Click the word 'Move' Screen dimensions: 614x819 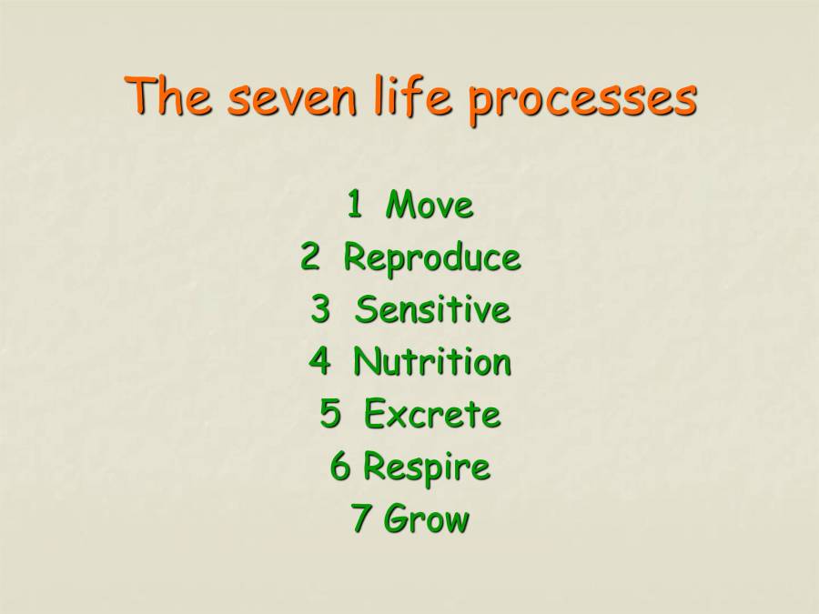(430, 206)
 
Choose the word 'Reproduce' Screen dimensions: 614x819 (431, 259)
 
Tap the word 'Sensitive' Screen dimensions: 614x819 (432, 310)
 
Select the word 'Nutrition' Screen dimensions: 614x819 (432, 362)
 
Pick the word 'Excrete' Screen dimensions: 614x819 (432, 415)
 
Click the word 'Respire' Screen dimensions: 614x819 (426, 468)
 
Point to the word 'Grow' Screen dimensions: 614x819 (426, 520)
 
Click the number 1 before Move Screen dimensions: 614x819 (354, 206)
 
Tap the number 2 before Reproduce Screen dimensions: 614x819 (311, 258)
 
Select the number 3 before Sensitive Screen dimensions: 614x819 (320, 310)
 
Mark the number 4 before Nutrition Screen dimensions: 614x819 (319, 362)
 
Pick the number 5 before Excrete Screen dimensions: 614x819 (329, 415)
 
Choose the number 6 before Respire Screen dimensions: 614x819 (340, 468)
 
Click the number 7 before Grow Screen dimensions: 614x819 (361, 520)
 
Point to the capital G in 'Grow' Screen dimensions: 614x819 (396, 519)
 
